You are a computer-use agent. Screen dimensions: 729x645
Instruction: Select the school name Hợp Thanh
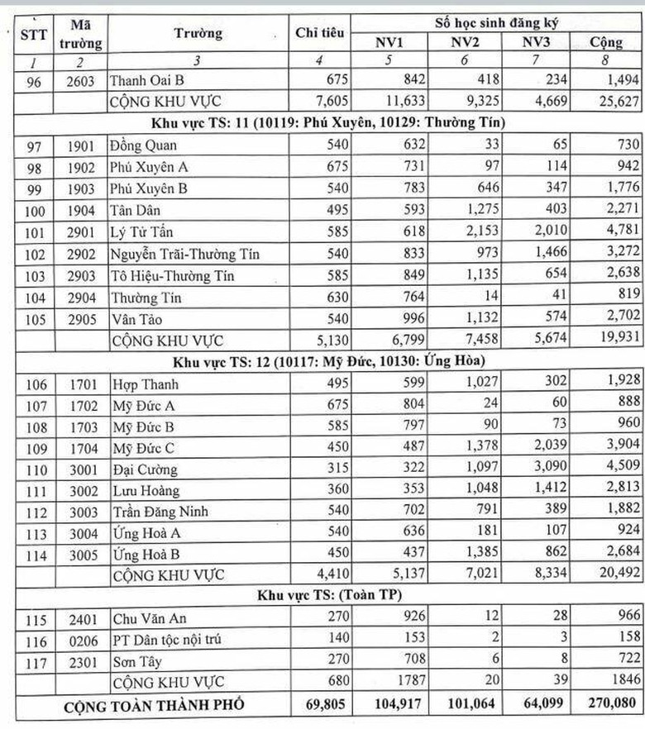point(145,384)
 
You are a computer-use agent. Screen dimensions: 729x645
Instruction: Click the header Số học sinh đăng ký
point(496,21)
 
